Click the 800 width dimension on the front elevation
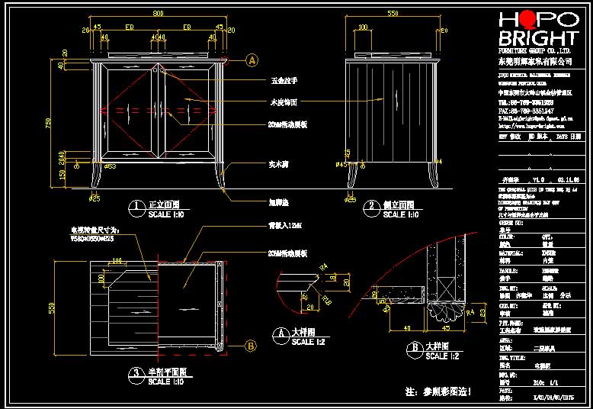tap(158, 13)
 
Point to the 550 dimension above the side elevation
tap(393, 13)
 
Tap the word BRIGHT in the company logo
tap(537, 40)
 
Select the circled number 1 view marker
tap(136, 206)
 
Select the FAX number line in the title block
tap(526, 111)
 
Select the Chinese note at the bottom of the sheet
tap(438, 392)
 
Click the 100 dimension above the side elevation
tap(361, 28)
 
